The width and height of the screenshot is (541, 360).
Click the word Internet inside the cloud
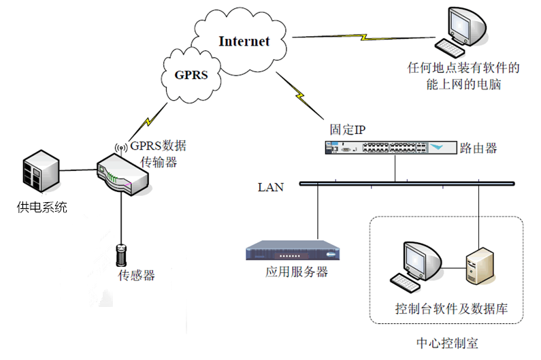click(x=244, y=42)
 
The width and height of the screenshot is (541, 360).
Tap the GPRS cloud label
click(x=191, y=76)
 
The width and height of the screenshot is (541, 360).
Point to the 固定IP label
click(x=348, y=129)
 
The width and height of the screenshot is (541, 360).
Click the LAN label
click(x=271, y=186)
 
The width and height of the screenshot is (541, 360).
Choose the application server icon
click(x=292, y=251)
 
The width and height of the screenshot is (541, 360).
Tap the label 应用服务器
click(x=297, y=272)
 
